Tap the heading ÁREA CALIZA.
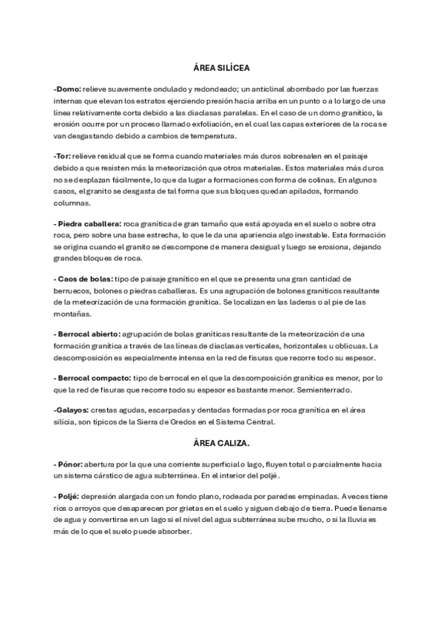(222, 443)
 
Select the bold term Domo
(67, 89)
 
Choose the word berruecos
(74, 291)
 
